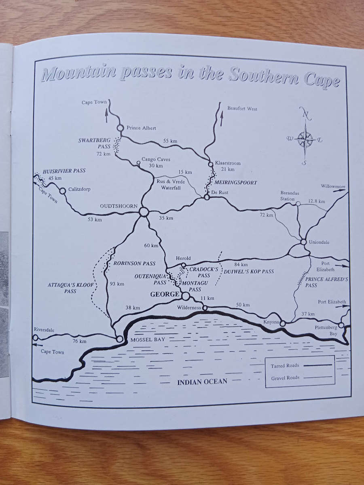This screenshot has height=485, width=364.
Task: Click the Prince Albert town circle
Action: coord(120,128)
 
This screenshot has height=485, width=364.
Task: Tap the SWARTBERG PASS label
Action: coord(89,143)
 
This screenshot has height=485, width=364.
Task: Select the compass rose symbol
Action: coord(305,139)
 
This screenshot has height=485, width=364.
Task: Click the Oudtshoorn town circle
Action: coord(144,211)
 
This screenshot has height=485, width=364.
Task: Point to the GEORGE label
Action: coord(165,295)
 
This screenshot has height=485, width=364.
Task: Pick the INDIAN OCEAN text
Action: coord(202,381)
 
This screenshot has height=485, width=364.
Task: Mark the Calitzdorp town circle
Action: coord(63,191)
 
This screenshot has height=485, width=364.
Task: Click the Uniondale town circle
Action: coord(303,242)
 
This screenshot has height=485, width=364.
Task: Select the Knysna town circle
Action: coord(283,323)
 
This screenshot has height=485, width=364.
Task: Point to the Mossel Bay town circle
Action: coord(120,339)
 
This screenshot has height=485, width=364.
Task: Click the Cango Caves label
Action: coord(156,160)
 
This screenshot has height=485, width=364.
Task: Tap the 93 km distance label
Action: coord(117,284)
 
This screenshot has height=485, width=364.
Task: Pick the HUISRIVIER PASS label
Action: coord(64,171)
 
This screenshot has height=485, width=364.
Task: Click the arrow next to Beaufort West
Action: coord(222,120)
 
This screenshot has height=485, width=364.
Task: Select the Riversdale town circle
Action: coord(36,337)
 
